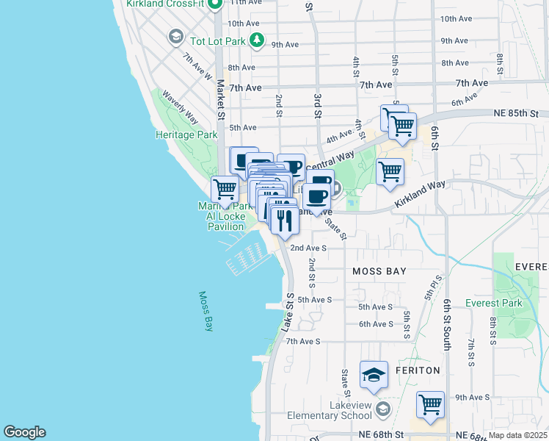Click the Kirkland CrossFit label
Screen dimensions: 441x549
[164, 4]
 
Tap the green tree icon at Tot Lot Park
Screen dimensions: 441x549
[256, 41]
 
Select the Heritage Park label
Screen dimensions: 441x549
[186, 135]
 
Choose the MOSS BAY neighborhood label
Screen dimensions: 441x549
[379, 272]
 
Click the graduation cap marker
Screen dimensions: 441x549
[374, 376]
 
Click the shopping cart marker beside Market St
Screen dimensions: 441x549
[225, 189]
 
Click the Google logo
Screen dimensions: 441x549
[24, 432]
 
